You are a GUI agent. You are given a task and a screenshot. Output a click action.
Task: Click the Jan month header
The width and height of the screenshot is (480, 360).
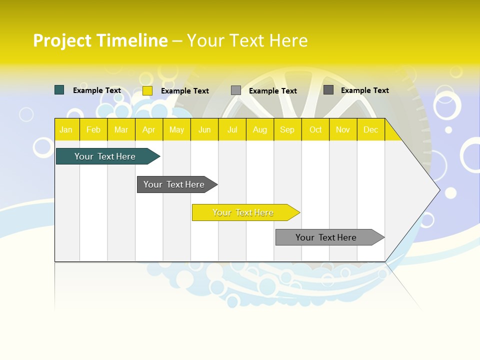point(66,129)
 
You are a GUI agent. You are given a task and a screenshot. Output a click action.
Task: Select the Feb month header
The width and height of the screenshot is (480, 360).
point(93,129)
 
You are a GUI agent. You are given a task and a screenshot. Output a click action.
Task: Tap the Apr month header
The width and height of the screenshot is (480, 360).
point(149,129)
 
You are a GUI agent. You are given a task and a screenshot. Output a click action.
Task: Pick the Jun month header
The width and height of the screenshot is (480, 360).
point(204,129)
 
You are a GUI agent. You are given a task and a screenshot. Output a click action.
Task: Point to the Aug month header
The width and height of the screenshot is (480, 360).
point(260,129)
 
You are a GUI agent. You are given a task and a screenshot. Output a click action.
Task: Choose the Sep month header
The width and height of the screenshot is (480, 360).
point(287,129)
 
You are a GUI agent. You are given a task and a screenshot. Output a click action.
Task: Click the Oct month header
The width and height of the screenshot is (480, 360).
point(315,129)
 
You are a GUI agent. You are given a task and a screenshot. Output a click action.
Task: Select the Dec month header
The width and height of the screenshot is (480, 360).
point(371,129)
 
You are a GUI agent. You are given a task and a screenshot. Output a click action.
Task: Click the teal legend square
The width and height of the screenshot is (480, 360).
point(59,90)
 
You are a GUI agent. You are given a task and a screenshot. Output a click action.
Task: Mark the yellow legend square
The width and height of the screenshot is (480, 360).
point(147,90)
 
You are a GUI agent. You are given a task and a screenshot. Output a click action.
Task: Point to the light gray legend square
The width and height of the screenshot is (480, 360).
point(236,90)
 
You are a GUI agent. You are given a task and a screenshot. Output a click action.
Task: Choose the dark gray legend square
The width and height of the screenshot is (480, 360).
point(328,90)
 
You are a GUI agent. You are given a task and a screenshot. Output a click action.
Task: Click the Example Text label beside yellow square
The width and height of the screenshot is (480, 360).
point(185,91)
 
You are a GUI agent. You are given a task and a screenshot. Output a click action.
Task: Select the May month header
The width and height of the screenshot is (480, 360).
point(176,129)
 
